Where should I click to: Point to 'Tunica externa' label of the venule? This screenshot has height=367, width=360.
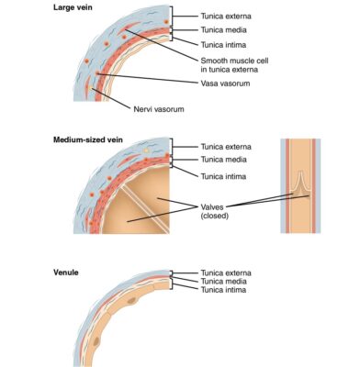pyautogui.click(x=231, y=272)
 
